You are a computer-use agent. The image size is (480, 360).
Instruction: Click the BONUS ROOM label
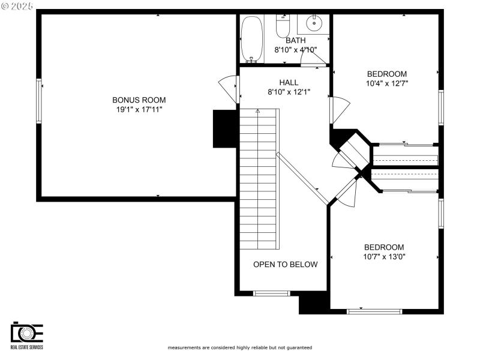coord(139,100)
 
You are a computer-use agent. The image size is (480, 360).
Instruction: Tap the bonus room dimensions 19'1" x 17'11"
coord(139,109)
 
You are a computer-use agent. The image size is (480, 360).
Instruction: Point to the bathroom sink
coord(314,24)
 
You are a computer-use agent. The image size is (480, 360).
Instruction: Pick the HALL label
coord(289,82)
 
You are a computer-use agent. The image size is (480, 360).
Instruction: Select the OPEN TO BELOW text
coord(285,264)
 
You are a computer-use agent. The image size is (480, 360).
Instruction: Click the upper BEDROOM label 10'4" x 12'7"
coord(387,74)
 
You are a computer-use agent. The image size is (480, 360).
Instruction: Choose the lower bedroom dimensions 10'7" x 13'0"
coord(384,257)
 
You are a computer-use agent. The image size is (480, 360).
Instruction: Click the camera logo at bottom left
coord(27,333)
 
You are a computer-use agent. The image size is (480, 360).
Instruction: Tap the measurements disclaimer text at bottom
coord(239,347)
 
